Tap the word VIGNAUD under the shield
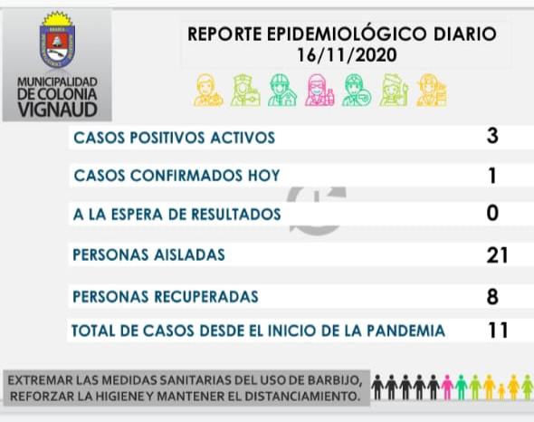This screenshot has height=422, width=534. [58, 110]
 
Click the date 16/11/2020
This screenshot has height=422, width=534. [347, 55]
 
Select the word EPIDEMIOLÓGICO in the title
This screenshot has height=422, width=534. [347, 34]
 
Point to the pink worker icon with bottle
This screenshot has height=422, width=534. [319, 91]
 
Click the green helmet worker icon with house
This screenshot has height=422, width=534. [282, 91]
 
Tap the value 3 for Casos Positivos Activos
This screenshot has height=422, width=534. [492, 136]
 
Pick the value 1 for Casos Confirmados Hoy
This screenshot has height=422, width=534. [492, 176]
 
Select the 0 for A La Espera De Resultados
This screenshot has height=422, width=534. [492, 214]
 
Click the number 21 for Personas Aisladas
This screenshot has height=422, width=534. [497, 255]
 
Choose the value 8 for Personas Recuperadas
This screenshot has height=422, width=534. [492, 296]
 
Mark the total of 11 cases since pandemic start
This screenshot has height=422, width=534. [498, 330]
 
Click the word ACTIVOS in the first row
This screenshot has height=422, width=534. [243, 138]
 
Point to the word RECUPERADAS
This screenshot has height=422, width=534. [206, 296]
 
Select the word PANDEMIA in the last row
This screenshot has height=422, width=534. [405, 331]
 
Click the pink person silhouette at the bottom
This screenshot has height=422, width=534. [447, 388]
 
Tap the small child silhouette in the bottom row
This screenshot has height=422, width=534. [501, 391]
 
